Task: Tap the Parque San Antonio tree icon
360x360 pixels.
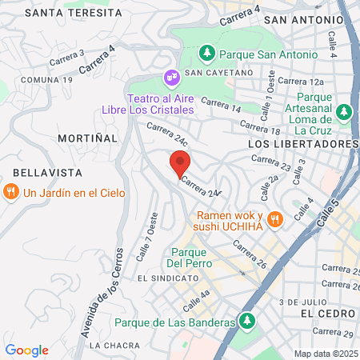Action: click(207, 54)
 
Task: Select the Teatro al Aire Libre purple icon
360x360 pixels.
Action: click(170, 78)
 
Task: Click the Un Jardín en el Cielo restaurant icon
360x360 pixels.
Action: click(10, 191)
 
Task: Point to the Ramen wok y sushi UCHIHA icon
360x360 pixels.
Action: click(275, 218)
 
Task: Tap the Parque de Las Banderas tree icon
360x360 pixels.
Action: click(247, 322)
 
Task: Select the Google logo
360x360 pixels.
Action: click(26, 350)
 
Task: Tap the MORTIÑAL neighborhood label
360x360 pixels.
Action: click(87, 138)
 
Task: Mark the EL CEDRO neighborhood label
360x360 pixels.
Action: click(326, 314)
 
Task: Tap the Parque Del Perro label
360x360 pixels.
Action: click(189, 258)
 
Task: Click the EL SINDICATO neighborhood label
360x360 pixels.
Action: click(166, 278)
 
